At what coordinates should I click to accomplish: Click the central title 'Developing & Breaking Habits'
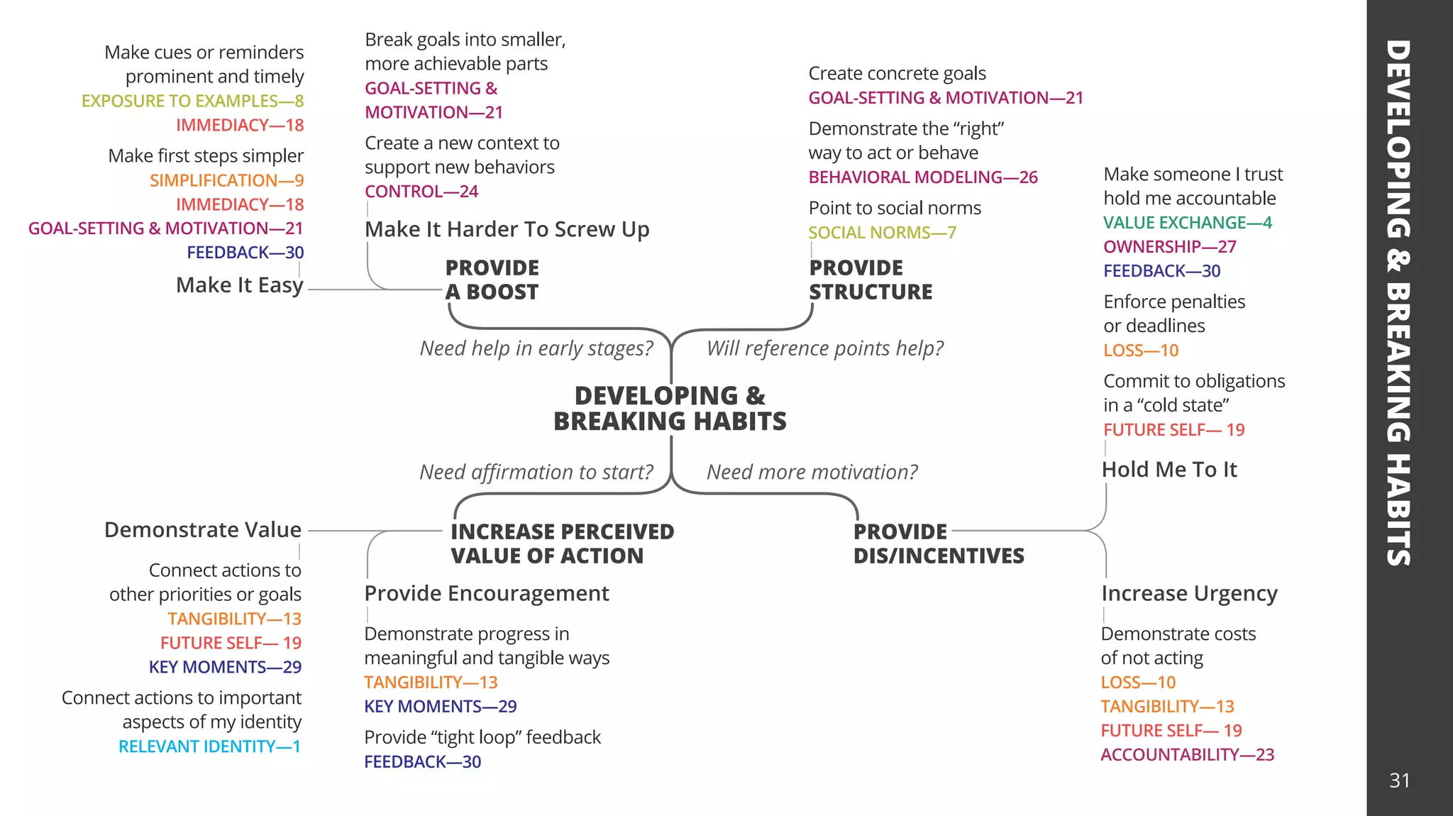point(670,408)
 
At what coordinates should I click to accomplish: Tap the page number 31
point(1399,781)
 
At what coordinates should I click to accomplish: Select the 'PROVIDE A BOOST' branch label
point(492,280)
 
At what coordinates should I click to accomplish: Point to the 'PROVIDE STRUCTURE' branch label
point(871,280)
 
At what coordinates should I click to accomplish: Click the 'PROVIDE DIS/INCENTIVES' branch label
point(938,544)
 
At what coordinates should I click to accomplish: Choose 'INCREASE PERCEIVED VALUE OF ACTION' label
point(562,544)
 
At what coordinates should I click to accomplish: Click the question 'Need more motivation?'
point(812,472)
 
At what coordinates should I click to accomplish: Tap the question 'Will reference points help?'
point(824,348)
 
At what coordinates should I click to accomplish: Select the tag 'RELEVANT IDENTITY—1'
point(209,746)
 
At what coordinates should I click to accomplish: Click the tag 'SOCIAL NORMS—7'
point(882,233)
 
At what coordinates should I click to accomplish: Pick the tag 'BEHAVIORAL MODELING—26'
point(922,177)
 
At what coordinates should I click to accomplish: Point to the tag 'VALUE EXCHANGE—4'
point(1187,223)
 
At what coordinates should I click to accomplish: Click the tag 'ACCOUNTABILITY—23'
point(1187,755)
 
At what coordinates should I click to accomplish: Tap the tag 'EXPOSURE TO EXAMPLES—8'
point(192,101)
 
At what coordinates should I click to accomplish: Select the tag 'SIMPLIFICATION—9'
point(226,180)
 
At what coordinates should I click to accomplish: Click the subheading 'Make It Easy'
point(239,285)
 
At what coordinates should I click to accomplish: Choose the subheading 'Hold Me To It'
point(1169,470)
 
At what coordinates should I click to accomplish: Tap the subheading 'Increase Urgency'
point(1189,593)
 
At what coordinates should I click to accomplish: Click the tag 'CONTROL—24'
point(421,192)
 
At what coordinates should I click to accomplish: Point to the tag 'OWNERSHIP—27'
point(1169,247)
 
